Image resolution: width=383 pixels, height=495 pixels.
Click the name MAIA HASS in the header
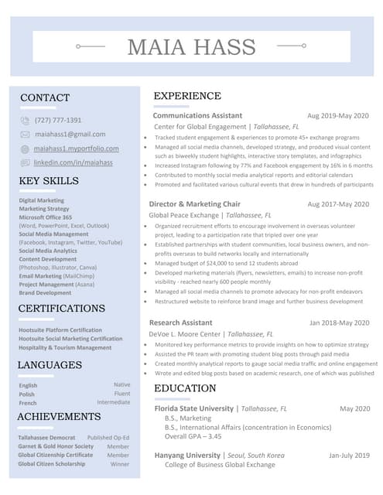pyautogui.click(x=191, y=47)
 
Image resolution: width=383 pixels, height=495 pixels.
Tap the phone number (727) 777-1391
pyautogui.click(x=58, y=121)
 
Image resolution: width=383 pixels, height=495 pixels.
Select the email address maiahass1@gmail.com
pyautogui.click(x=70, y=135)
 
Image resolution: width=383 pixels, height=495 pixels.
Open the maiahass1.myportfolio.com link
pyautogui.click(x=77, y=148)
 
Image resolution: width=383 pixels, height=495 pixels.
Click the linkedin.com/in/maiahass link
pyautogui.click(x=74, y=162)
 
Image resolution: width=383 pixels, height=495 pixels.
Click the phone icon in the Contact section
pyautogui.click(x=25, y=121)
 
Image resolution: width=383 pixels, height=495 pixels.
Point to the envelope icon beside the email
pyautogui.click(x=25, y=135)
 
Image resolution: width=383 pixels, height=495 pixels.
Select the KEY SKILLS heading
pyautogui.click(x=49, y=181)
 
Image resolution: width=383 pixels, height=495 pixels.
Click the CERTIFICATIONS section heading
pyautogui.click(x=61, y=309)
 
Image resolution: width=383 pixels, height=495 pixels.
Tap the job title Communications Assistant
pyautogui.click(x=197, y=116)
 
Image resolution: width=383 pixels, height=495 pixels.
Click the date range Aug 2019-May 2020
pyautogui.click(x=338, y=116)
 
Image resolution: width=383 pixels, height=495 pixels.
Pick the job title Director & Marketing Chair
pyautogui.click(x=194, y=204)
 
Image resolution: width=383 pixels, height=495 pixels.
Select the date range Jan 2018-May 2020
pyautogui.click(x=339, y=323)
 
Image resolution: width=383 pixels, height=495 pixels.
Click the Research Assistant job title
pyautogui.click(x=180, y=323)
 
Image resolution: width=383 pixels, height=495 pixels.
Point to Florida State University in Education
pyautogui.click(x=193, y=408)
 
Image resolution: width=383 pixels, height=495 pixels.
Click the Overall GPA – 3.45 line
pyautogui.click(x=193, y=436)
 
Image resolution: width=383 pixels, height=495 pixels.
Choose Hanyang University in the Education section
pyautogui.click(x=187, y=456)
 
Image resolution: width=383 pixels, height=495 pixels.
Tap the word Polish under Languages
pyautogui.click(x=27, y=394)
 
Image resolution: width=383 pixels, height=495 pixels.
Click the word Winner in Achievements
pyautogui.click(x=120, y=464)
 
